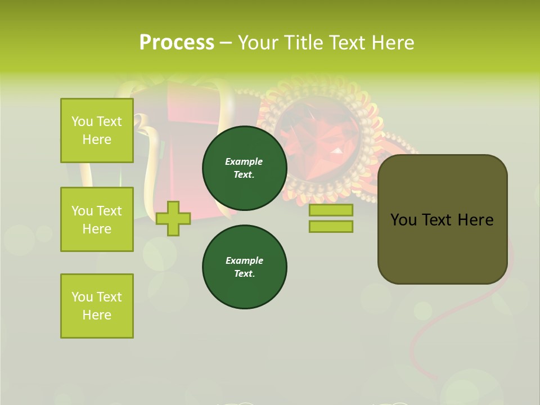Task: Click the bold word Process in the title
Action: tap(177, 43)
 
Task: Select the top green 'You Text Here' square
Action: tap(97, 130)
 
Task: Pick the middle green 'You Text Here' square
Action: tap(97, 219)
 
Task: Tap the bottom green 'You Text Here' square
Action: tap(97, 306)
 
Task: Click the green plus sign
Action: tap(173, 218)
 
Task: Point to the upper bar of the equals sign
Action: tap(331, 210)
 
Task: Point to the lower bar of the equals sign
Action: tap(331, 227)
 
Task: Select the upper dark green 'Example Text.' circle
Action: tap(244, 168)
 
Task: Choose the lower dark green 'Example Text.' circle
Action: tap(244, 267)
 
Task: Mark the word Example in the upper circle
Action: tap(244, 161)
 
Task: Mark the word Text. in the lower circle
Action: tap(244, 274)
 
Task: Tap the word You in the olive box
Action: tap(403, 220)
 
